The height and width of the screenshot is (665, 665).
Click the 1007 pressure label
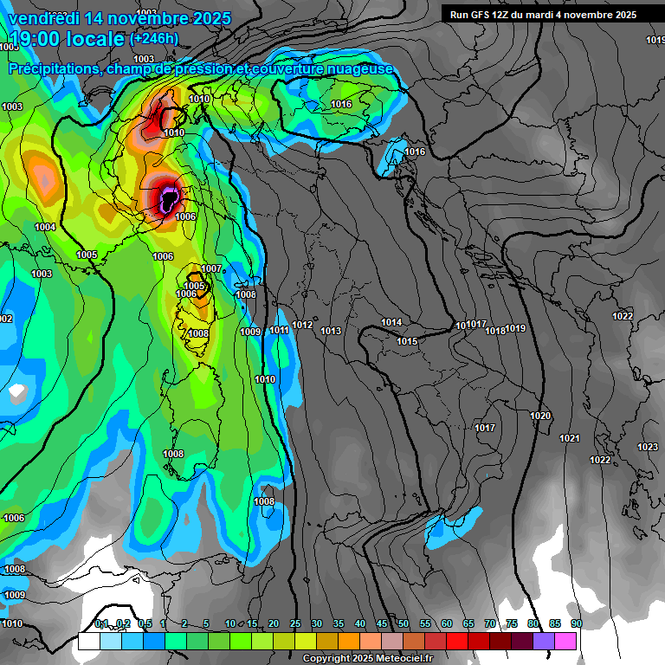point(212,269)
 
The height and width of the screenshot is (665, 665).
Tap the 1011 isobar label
point(279,330)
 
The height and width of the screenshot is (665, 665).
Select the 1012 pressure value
point(302,326)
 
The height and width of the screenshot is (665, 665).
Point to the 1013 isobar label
point(331,332)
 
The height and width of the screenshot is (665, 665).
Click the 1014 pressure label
point(391,323)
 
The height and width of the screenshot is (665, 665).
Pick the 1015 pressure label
point(408,342)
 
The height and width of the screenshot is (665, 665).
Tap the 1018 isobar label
point(495,331)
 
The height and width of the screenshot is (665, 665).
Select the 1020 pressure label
point(540,416)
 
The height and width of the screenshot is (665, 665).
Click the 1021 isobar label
point(569,439)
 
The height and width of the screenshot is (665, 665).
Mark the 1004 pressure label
point(45,228)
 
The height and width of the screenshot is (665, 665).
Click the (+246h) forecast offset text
point(153,39)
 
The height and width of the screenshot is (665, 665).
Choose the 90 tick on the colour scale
point(576,623)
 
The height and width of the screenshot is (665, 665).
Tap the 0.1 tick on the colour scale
point(100,623)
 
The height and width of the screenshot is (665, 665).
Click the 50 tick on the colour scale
point(404,623)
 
